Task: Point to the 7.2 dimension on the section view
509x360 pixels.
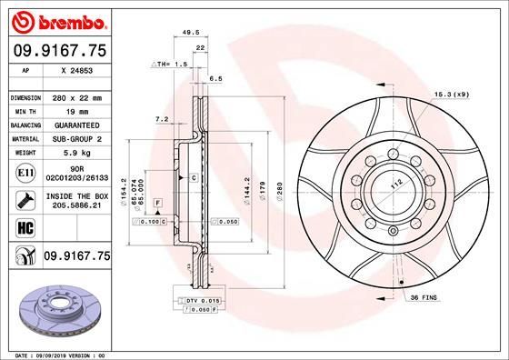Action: coord(163,118)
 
